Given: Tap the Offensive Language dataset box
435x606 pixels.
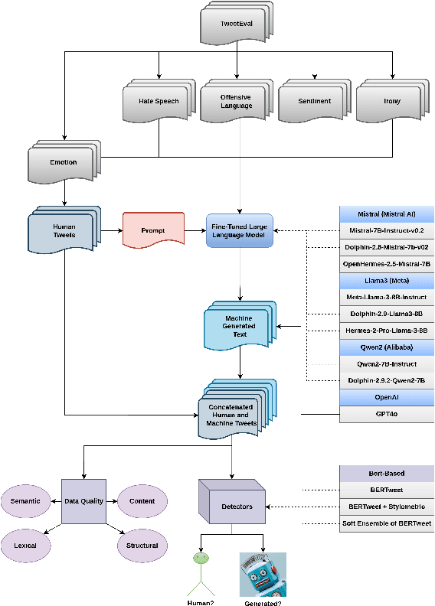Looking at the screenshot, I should (235, 101).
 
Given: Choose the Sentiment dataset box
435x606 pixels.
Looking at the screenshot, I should (313, 101).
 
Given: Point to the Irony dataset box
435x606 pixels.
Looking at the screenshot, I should (391, 101).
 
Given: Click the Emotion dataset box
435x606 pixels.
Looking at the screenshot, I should (62, 161).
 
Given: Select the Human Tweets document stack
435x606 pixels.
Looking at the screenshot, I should (64, 230).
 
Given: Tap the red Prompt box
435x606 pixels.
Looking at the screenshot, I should (154, 230).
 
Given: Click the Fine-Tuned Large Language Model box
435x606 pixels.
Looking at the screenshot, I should (240, 230).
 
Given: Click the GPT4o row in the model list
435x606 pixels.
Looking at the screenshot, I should (386, 415).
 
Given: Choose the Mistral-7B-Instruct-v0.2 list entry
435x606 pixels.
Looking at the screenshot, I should (386, 230).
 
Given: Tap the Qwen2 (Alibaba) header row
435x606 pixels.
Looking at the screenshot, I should (386, 346).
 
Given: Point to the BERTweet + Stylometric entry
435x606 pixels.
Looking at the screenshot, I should (386, 506).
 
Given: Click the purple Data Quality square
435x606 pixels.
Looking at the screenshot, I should (83, 502).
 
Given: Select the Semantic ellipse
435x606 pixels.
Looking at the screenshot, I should (25, 502).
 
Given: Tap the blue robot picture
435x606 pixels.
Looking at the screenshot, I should (263, 575).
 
